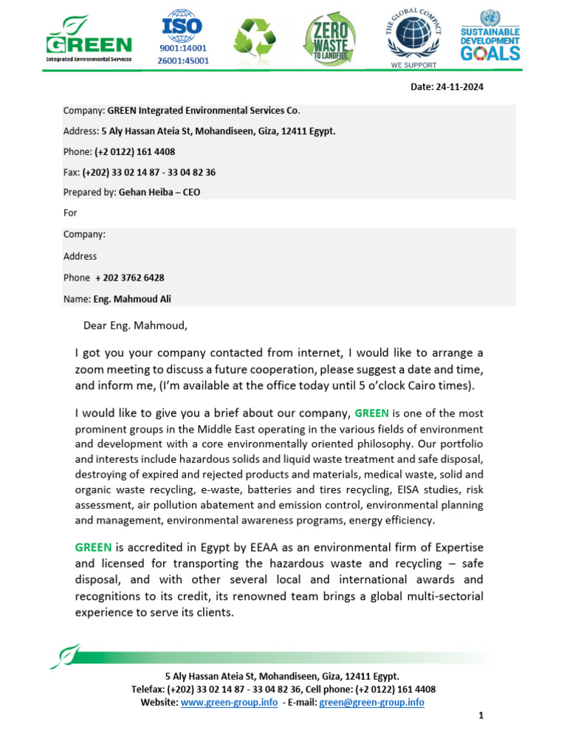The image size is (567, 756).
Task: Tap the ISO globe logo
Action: pyautogui.click(x=182, y=25)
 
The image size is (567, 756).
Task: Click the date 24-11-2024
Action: pyautogui.click(x=458, y=87)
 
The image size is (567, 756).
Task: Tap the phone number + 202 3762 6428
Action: pyautogui.click(x=130, y=278)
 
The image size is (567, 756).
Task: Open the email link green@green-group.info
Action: pyautogui.click(x=371, y=702)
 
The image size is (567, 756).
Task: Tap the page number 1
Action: pyautogui.click(x=480, y=715)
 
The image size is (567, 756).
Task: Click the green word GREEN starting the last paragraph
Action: pyautogui.click(x=93, y=547)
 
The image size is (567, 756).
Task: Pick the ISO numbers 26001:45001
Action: pyautogui.click(x=182, y=61)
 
